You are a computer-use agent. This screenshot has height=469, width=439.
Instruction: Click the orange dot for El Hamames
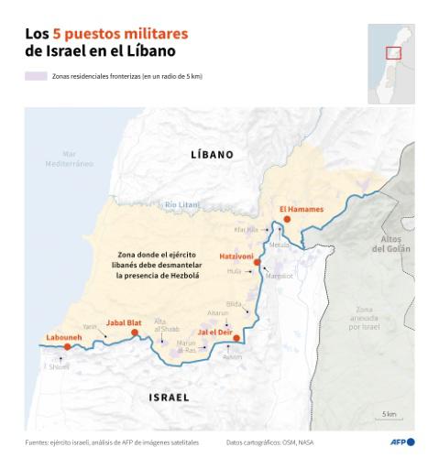tap(287, 220)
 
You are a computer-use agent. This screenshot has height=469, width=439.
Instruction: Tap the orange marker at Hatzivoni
tap(257, 262)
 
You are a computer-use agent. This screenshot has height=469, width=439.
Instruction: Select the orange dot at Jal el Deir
tap(236, 338)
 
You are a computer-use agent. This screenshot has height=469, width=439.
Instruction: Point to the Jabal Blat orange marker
tap(135, 333)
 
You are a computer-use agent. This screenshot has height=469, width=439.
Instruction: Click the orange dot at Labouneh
tap(67, 347)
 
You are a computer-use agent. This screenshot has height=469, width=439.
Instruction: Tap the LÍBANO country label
tap(212, 155)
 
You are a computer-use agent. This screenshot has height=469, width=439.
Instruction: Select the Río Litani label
tap(182, 203)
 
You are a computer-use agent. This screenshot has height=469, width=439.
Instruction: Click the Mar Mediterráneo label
tap(70, 158)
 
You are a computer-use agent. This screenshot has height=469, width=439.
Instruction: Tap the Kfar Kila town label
tap(247, 230)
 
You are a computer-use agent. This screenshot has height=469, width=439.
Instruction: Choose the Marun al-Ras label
tap(186, 346)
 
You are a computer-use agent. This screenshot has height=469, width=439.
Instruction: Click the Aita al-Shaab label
tap(160, 324)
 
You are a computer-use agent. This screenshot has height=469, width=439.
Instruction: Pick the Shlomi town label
tap(59, 366)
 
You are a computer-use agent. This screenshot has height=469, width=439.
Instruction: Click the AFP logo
tap(402, 442)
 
